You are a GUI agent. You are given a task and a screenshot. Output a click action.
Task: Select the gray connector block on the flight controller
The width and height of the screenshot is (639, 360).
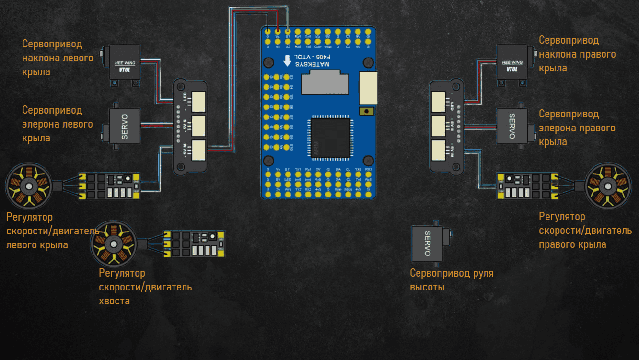[x=325, y=82]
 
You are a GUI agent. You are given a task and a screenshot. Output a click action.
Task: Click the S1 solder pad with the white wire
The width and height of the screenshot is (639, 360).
[x=288, y=31]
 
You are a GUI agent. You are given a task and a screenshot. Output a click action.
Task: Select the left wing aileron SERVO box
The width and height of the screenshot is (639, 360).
[x=124, y=126]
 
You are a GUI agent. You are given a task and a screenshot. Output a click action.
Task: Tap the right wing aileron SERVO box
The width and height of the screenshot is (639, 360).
[x=511, y=126]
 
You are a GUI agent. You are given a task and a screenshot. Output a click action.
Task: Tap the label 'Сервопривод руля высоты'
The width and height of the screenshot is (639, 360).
[x=452, y=280]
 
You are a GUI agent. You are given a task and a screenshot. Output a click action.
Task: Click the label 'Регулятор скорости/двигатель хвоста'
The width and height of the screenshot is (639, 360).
[x=145, y=287]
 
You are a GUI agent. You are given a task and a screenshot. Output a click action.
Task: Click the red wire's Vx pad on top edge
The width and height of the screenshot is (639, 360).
[x=278, y=31]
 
